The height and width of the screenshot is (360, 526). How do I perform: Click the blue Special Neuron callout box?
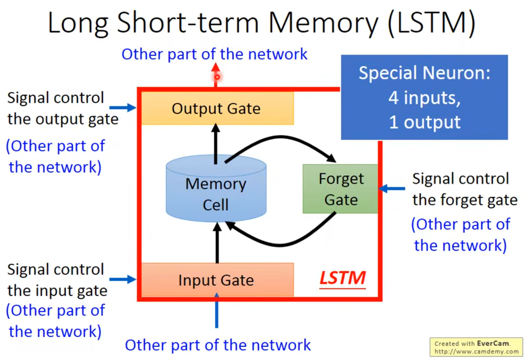pyautogui.click(x=424, y=97)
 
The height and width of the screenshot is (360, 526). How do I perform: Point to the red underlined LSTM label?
pyautogui.click(x=342, y=278)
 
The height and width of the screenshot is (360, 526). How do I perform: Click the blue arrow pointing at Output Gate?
pyautogui.click(x=123, y=108)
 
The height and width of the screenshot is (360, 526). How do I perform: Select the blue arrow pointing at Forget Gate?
pyautogui.click(x=392, y=189)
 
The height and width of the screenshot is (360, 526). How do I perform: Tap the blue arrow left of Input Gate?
pyautogui.click(x=123, y=279)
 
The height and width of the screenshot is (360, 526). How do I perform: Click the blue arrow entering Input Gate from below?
pyautogui.click(x=217, y=312)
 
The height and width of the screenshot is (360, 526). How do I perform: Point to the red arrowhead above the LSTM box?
pyautogui.click(x=216, y=68)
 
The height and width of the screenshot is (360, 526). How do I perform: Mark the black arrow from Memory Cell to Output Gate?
pyautogui.click(x=216, y=144)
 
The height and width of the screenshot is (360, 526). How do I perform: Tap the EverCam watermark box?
pyautogui.click(x=476, y=347)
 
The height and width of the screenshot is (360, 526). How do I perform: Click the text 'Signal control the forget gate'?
pyautogui.click(x=464, y=189)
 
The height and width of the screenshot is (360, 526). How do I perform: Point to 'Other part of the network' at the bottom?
pyautogui.click(x=218, y=345)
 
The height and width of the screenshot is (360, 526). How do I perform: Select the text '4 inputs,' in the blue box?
pyautogui.click(x=424, y=98)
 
